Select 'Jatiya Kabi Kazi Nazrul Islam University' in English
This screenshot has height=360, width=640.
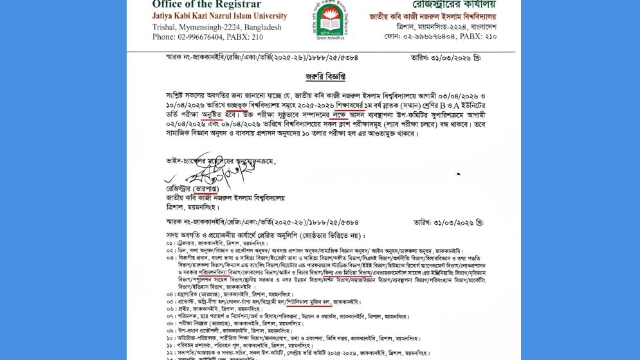[219, 15]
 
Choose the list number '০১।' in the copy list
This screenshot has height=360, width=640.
[170, 244]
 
